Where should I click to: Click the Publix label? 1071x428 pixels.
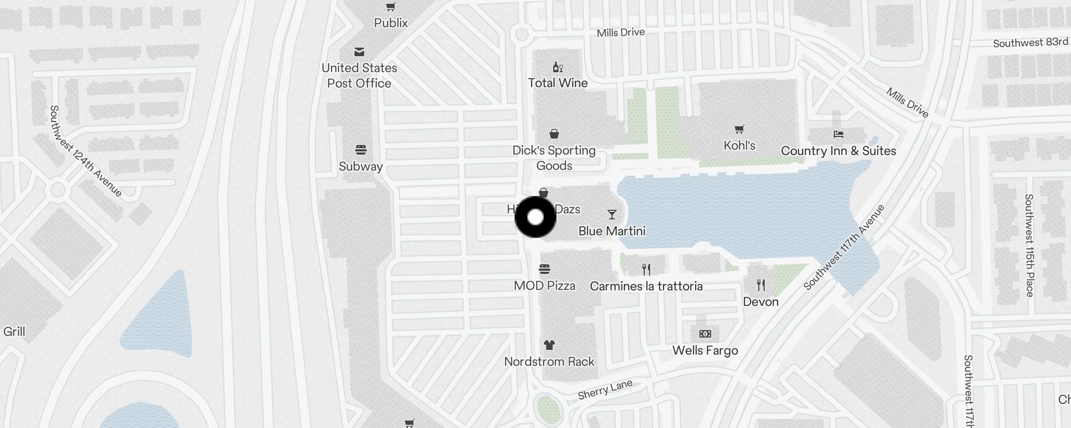pyautogui.click(x=391, y=23)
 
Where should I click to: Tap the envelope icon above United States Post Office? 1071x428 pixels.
pyautogui.click(x=359, y=52)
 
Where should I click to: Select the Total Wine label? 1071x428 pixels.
pyautogui.click(x=558, y=83)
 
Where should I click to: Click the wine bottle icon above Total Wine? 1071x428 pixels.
pyautogui.click(x=558, y=67)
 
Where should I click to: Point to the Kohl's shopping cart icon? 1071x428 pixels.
pyautogui.click(x=740, y=129)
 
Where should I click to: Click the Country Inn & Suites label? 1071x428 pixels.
pyautogui.click(x=839, y=151)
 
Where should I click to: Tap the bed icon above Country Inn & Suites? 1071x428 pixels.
pyautogui.click(x=839, y=134)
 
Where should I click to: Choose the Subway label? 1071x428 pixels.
pyautogui.click(x=361, y=166)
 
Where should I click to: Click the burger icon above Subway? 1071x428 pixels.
pyautogui.click(x=361, y=150)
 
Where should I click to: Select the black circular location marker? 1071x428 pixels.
pyautogui.click(x=535, y=217)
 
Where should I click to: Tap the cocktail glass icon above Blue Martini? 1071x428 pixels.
pyautogui.click(x=612, y=215)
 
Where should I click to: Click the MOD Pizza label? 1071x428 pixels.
pyautogui.click(x=545, y=286)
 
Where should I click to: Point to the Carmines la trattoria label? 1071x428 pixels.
pyautogui.click(x=646, y=286)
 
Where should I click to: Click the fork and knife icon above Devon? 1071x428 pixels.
pyautogui.click(x=761, y=285)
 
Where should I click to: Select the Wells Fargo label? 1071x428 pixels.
pyautogui.click(x=705, y=350)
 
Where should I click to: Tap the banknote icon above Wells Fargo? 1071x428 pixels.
pyautogui.click(x=705, y=334)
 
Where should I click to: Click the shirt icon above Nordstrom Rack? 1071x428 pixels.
pyautogui.click(x=549, y=345)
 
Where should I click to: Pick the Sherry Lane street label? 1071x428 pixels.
pyautogui.click(x=605, y=389)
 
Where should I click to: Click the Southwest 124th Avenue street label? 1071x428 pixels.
pyautogui.click(x=86, y=151)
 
